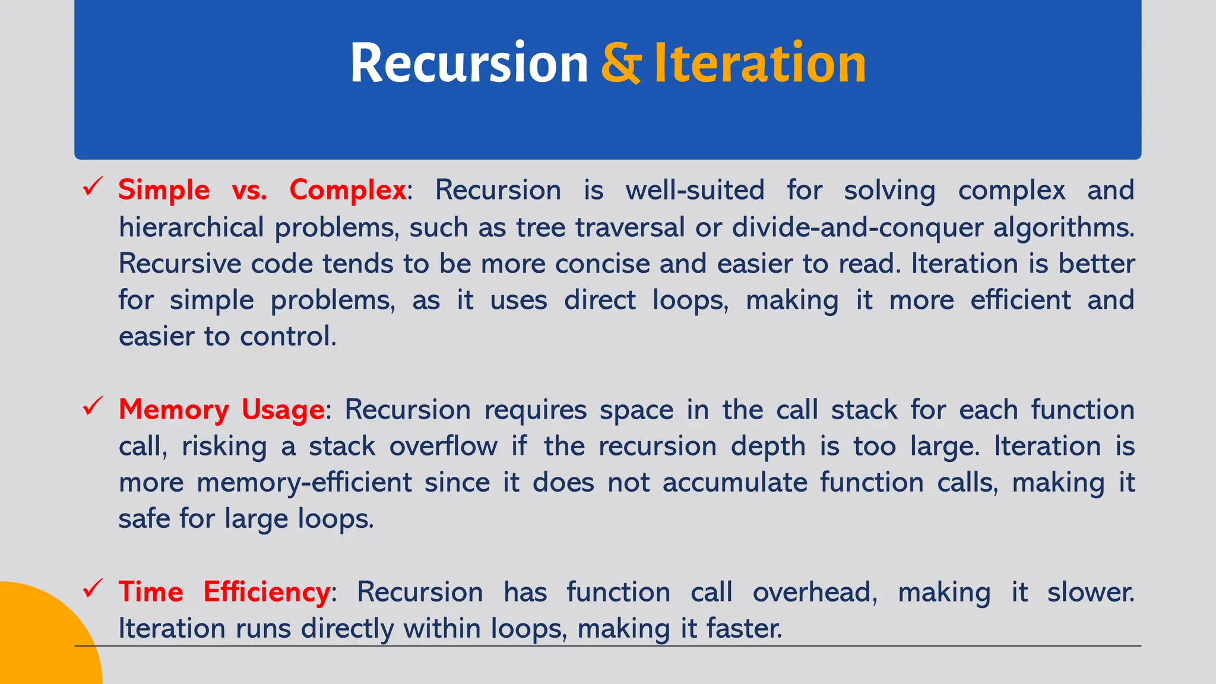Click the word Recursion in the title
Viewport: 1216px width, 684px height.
(x=468, y=64)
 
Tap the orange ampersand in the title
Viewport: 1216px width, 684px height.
(x=620, y=64)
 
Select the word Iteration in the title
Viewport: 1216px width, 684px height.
(x=759, y=64)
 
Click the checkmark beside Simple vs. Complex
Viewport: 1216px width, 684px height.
(x=93, y=187)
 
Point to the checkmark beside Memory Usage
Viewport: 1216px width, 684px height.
(x=93, y=407)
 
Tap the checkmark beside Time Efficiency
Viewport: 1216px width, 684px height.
(x=93, y=589)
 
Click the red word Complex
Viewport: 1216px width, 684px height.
(x=347, y=191)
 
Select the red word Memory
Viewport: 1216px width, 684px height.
(x=173, y=410)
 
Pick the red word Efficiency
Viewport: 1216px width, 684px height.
(x=267, y=592)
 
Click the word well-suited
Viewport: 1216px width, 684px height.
(x=695, y=191)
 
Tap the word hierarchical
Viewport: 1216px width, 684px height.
(x=191, y=227)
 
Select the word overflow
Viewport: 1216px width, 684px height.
(x=443, y=446)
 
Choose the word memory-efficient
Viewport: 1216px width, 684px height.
(x=304, y=482)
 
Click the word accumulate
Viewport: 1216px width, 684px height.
(x=734, y=482)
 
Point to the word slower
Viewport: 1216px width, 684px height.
(x=1090, y=592)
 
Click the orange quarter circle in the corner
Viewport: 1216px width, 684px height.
(x=42, y=641)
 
